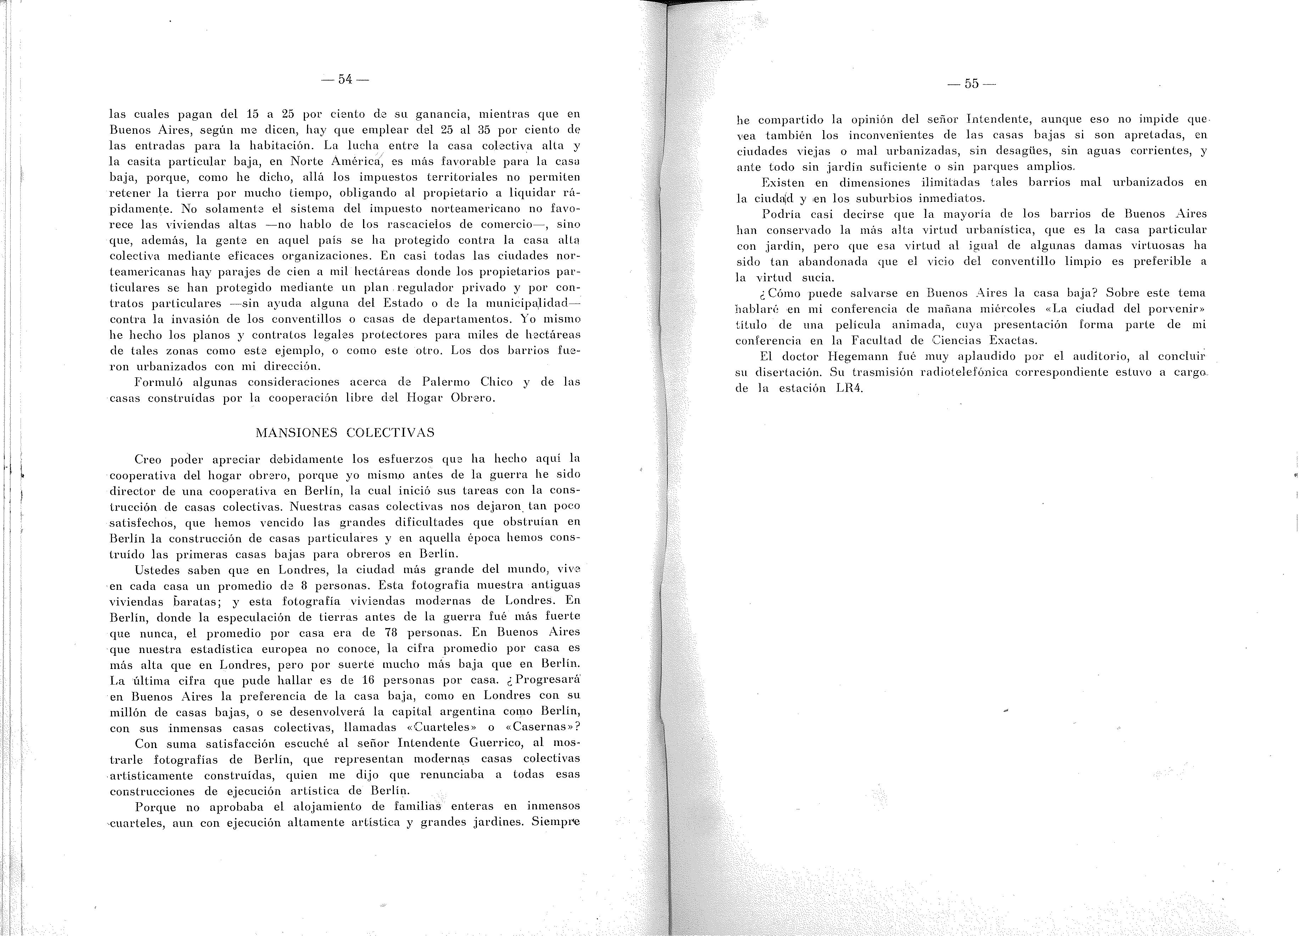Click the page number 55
pyautogui.click(x=971, y=84)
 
